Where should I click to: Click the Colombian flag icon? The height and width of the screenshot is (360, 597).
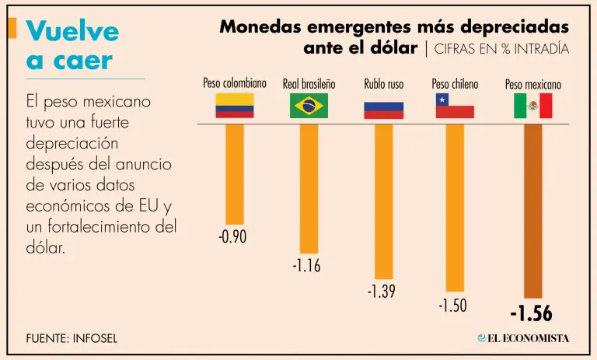tap(235, 105)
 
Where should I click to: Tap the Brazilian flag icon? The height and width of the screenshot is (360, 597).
tap(309, 105)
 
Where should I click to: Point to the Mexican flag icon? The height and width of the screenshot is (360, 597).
tap(532, 105)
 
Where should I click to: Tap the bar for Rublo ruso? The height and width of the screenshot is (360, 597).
tap(384, 201)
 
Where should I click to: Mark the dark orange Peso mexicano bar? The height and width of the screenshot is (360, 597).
tap(532, 211)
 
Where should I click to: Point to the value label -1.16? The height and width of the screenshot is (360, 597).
tap(306, 266)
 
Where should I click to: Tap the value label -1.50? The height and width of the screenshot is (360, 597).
tap(452, 306)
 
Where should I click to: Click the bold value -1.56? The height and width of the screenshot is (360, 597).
tap(531, 314)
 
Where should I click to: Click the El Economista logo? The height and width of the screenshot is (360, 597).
tap(523, 338)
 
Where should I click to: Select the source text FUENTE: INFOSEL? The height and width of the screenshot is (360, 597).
tap(72, 338)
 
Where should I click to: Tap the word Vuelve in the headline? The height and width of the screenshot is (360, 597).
tap(72, 31)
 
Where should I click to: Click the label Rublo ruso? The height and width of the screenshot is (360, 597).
tap(383, 84)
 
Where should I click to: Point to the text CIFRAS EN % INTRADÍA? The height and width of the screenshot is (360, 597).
tap(500, 49)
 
